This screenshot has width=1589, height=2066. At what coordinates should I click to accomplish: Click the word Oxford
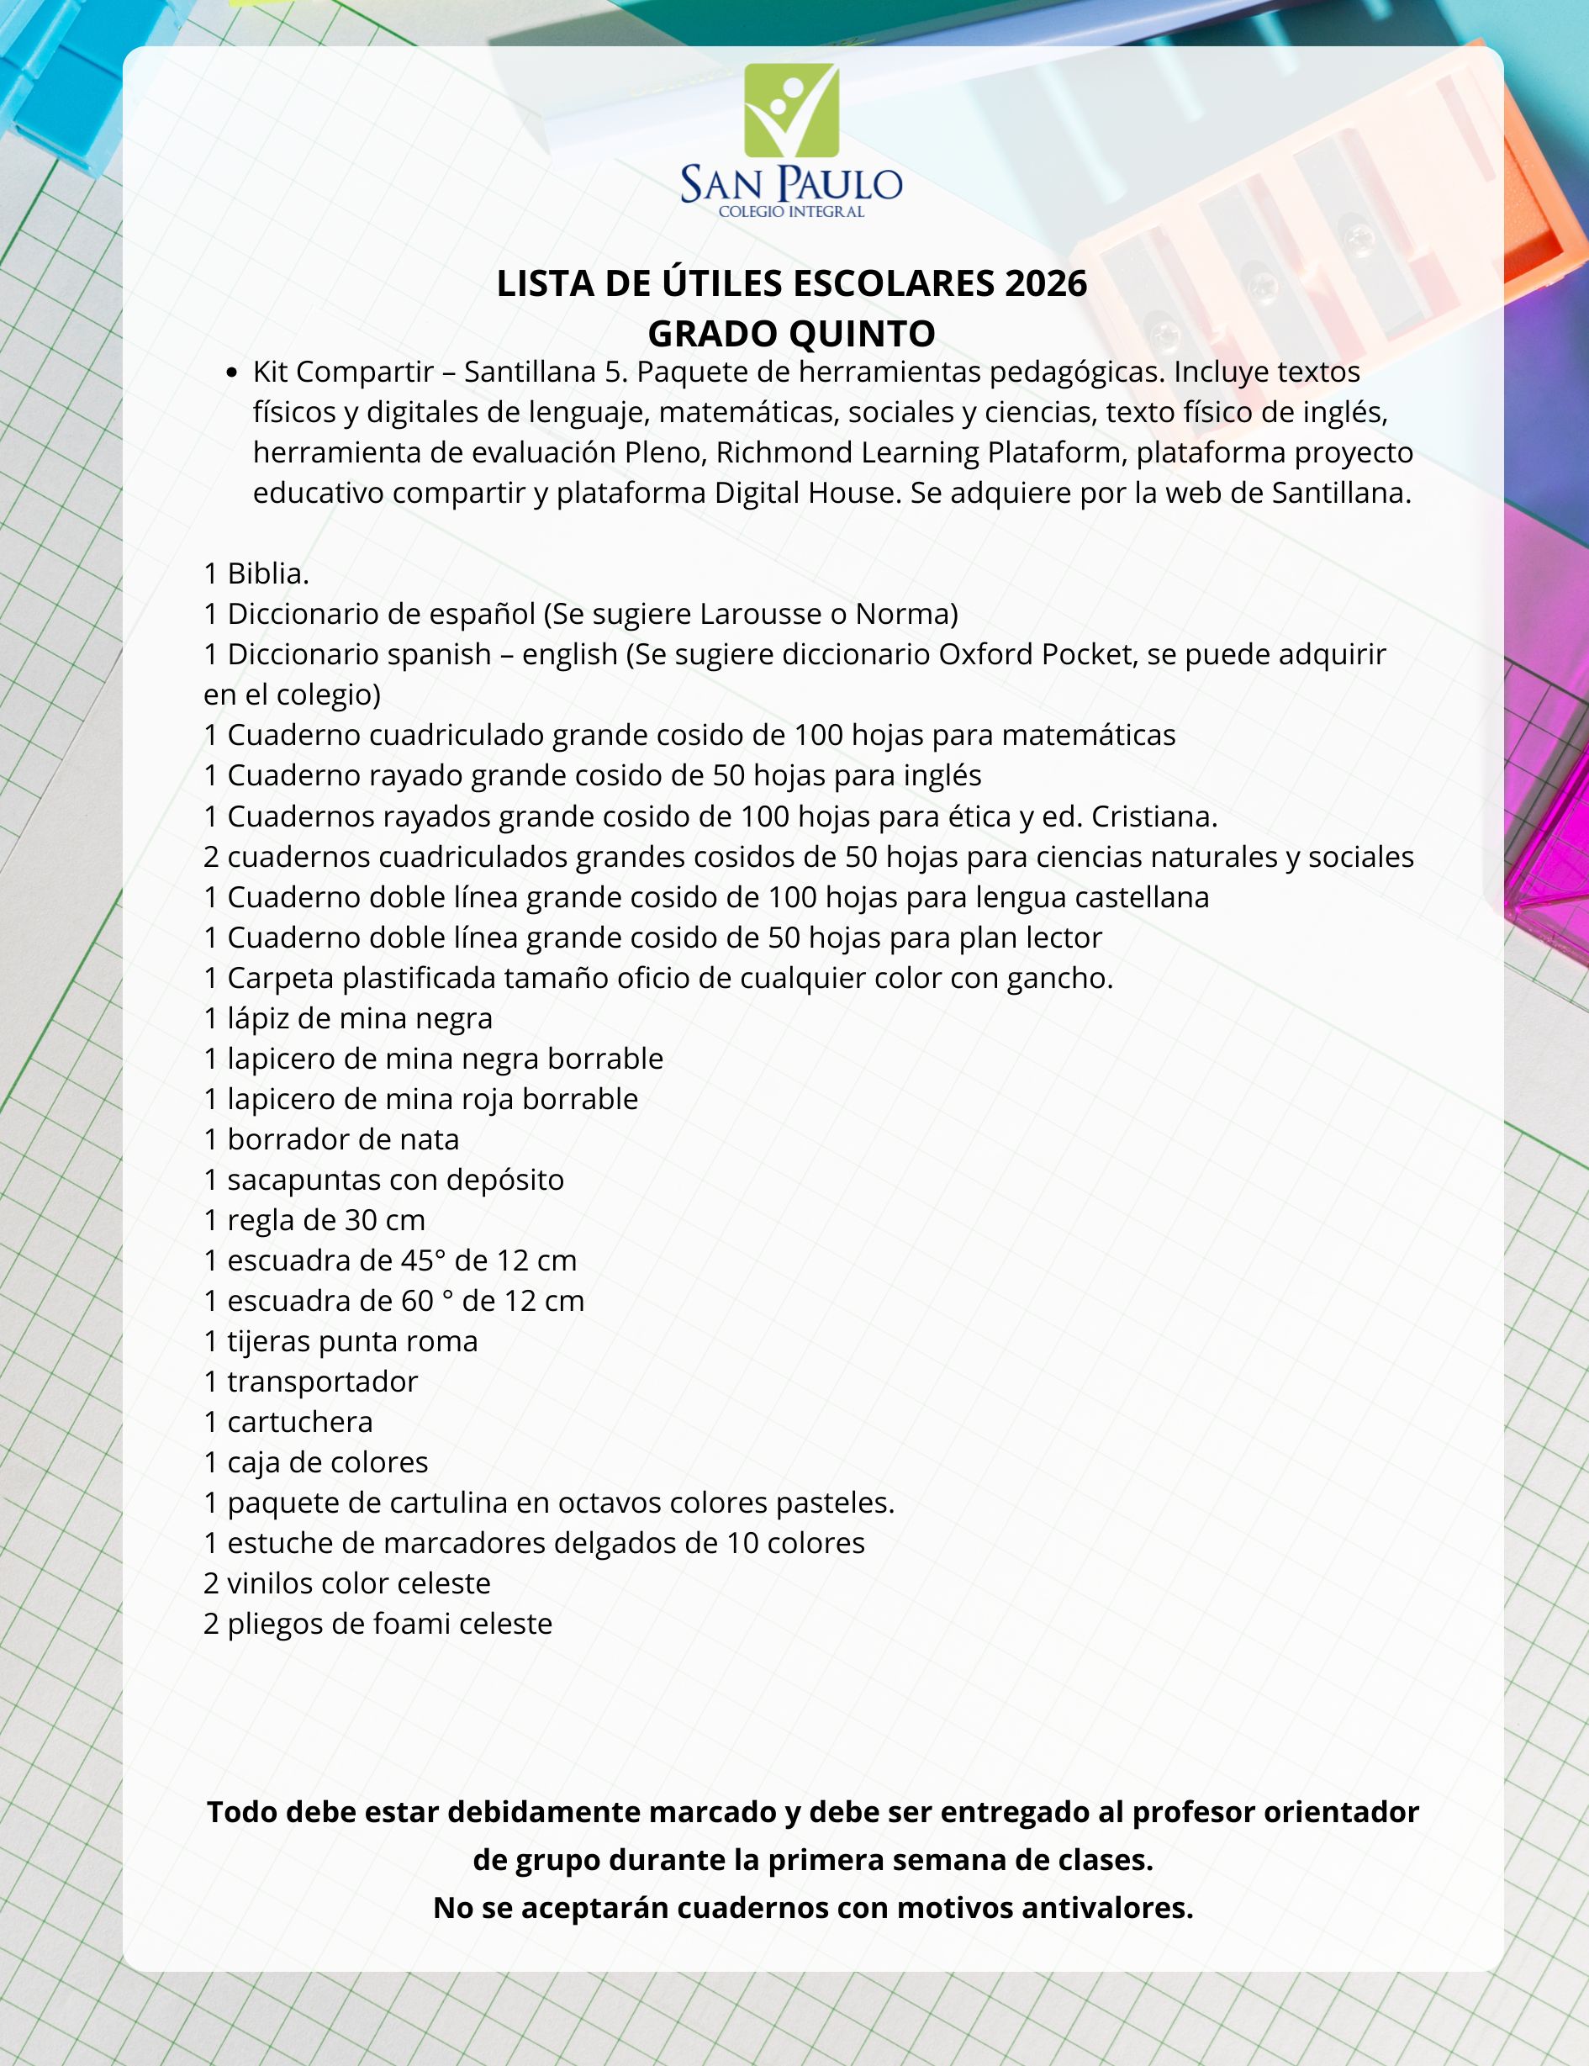[986, 654]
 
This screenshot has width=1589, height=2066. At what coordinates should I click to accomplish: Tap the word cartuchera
[300, 1423]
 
